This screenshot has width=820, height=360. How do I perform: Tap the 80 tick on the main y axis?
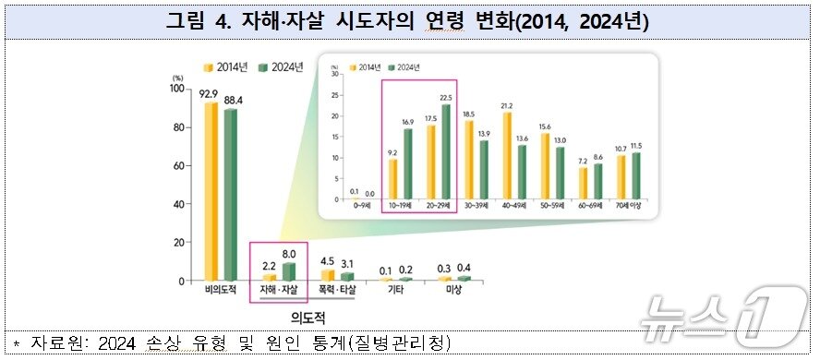[177, 127]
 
